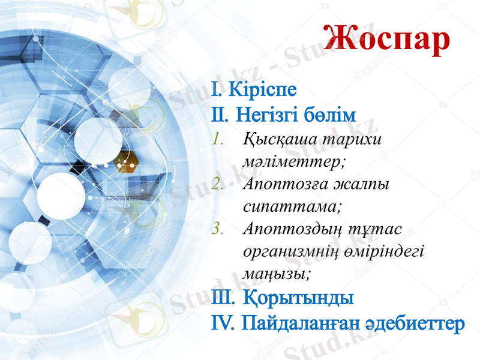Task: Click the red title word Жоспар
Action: [386, 38]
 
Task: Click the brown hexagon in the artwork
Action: [125, 161]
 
